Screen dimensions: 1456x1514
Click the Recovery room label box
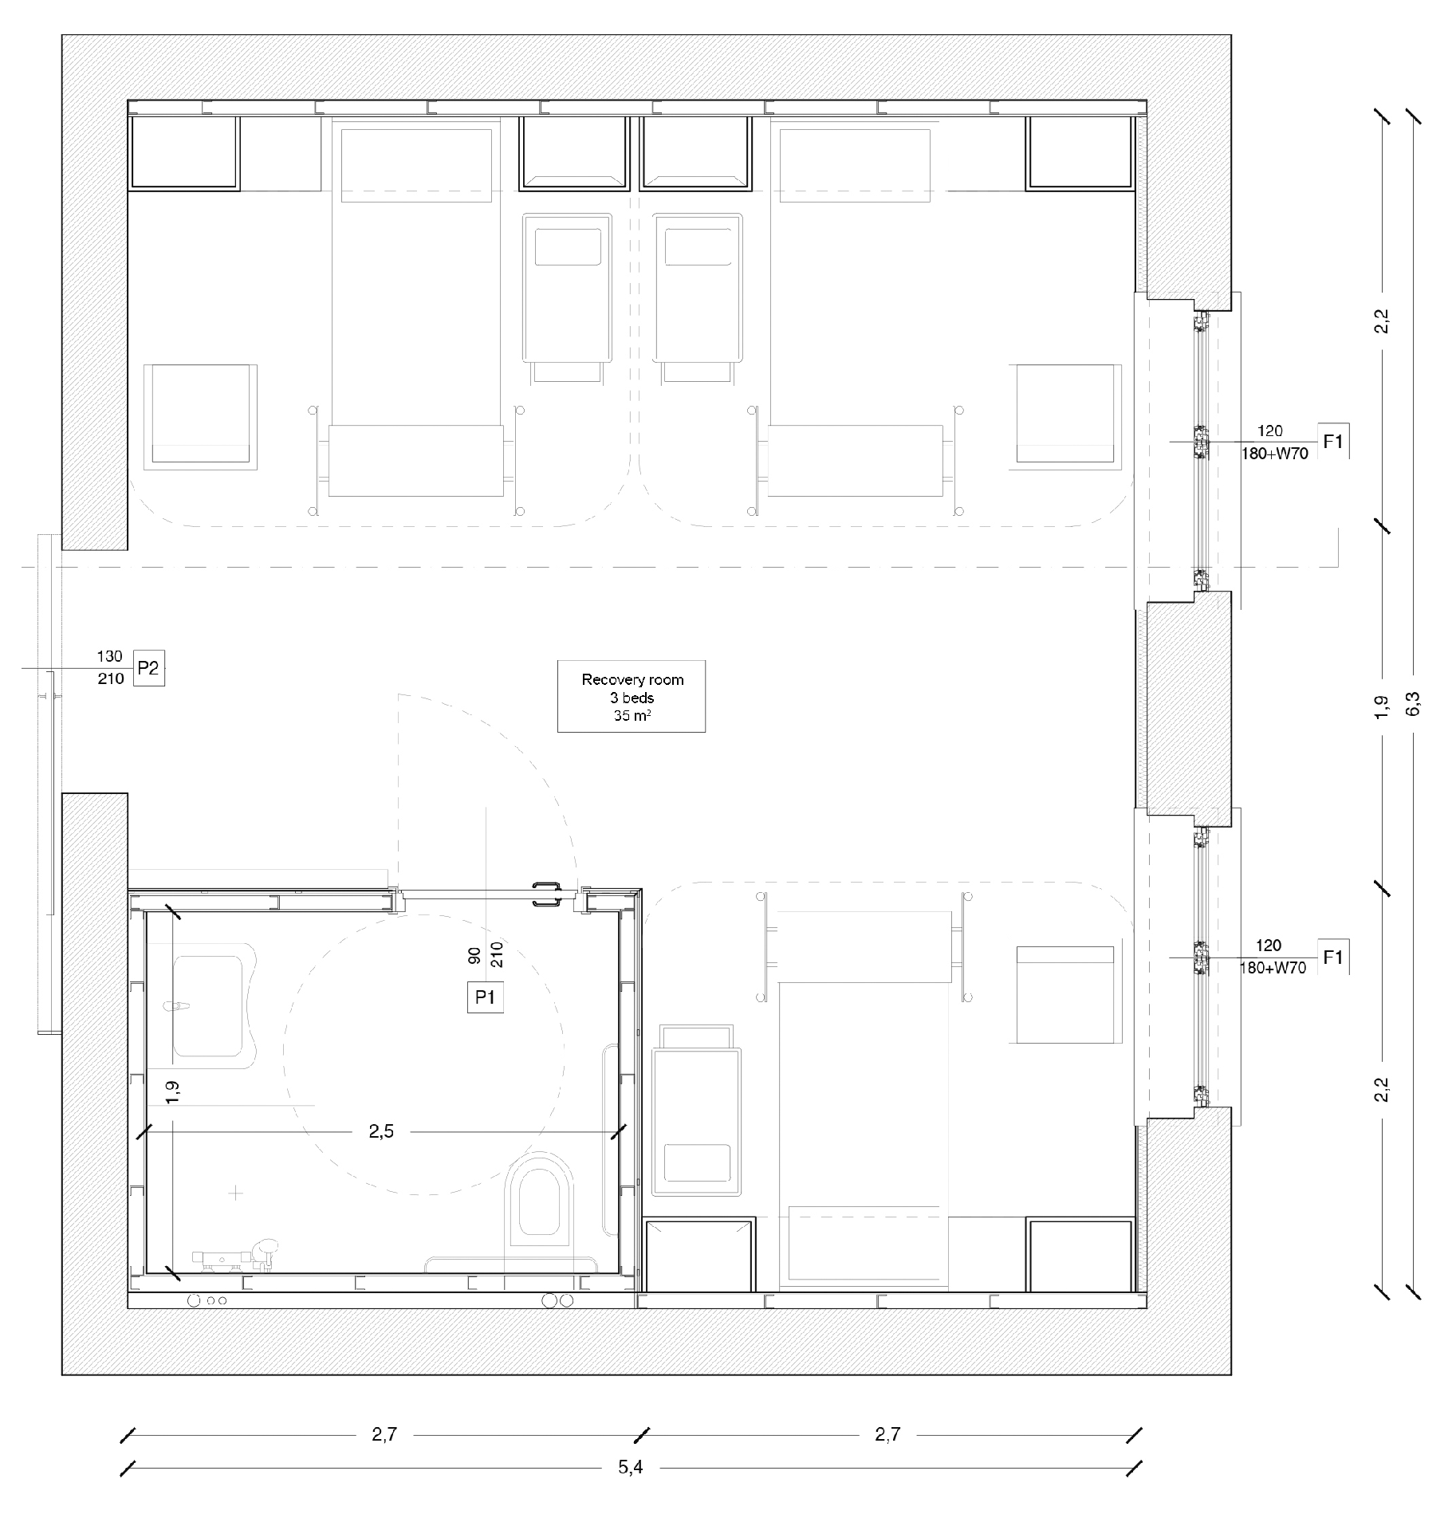tap(631, 696)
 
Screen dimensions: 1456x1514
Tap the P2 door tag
tap(148, 668)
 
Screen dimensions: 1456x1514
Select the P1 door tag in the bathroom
tap(485, 997)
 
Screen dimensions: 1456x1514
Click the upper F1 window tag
tap(1332, 441)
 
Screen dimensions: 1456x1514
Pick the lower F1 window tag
tap(1332, 958)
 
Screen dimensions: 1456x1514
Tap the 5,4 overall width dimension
tap(630, 1467)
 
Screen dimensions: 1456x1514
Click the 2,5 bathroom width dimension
tap(381, 1131)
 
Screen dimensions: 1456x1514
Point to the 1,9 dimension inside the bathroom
tap(172, 1091)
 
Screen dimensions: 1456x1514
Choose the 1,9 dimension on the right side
tap(1382, 707)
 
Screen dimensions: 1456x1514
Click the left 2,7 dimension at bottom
tap(384, 1434)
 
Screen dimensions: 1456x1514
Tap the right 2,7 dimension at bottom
tap(887, 1434)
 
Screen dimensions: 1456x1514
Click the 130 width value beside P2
tap(110, 656)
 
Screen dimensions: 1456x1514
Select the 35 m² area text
tap(632, 715)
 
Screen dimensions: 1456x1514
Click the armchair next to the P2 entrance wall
tap(200, 415)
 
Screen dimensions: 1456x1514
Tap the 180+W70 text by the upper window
tap(1274, 454)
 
